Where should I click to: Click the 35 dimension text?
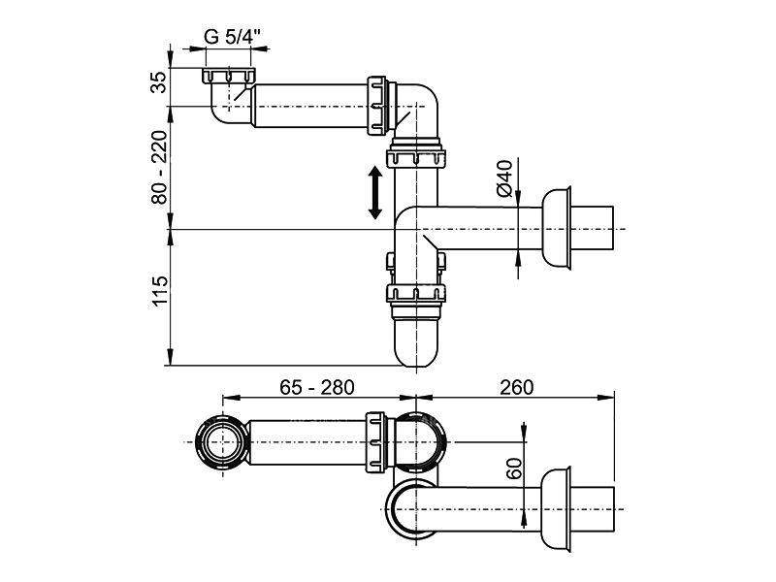coord(159,82)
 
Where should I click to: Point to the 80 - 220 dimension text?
coord(159,167)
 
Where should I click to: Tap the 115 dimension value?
coord(159,292)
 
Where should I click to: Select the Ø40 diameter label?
coord(503,178)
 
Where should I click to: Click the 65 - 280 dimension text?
coord(317,387)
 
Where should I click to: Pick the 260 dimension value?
coord(517,387)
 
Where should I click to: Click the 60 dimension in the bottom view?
coord(515,469)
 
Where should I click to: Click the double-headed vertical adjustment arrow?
coord(375,192)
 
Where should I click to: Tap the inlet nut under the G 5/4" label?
coord(229,77)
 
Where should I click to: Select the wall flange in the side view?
coord(557,229)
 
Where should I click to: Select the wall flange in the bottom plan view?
coord(556,508)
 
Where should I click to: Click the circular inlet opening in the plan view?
coord(223,442)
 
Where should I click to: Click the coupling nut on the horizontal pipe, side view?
coord(376,106)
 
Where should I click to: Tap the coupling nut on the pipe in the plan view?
coord(375,442)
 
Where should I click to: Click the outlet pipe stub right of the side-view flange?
coord(593,229)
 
